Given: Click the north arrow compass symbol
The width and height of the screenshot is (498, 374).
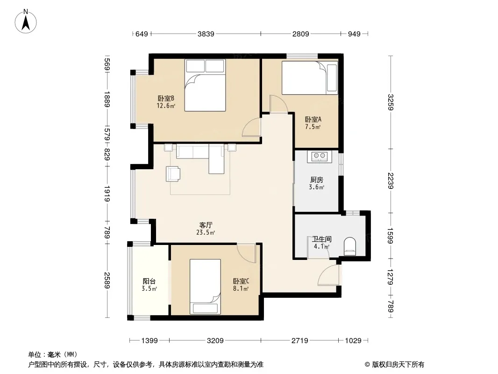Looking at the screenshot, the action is [x=26, y=22].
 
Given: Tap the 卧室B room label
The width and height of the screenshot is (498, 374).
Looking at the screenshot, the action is [x=166, y=98].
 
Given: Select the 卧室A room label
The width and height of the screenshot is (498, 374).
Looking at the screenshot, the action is [x=313, y=120].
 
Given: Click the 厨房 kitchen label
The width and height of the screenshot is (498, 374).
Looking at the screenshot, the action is [x=317, y=180].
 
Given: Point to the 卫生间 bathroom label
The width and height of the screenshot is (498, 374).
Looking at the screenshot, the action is [x=322, y=239].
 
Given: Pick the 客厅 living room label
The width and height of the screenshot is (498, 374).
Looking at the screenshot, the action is [x=206, y=225].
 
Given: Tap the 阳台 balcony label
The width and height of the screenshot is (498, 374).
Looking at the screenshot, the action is [x=149, y=281].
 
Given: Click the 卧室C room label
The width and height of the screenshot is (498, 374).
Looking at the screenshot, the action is [x=241, y=281].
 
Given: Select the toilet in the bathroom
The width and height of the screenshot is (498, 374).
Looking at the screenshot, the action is [x=350, y=246].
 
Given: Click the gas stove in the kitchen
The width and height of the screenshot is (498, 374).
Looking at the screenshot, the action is [x=319, y=156].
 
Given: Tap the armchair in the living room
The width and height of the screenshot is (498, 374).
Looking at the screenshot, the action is [x=173, y=174].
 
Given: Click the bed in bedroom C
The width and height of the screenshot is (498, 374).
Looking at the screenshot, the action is [x=205, y=287].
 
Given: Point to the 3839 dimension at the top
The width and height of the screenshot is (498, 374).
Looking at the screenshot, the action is [x=206, y=34].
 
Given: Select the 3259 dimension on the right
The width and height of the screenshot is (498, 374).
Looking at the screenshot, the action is [x=391, y=102].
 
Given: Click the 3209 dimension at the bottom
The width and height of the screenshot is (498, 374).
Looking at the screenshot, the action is [x=215, y=341].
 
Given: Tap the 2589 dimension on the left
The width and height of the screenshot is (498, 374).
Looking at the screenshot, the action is [x=107, y=280].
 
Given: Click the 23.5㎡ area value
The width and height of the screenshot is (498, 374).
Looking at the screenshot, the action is [x=206, y=233].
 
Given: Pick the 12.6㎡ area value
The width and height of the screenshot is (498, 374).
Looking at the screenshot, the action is [x=166, y=106].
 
